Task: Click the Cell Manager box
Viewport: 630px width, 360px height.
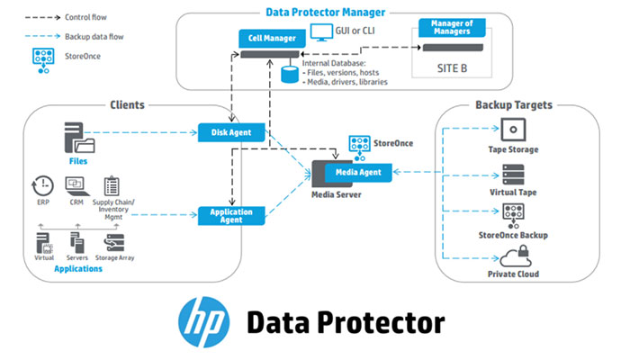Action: coord(265,40)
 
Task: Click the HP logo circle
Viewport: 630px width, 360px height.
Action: coord(202,320)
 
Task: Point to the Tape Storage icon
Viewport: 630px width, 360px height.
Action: coord(513,128)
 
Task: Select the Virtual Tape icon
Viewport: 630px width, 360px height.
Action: coord(513,172)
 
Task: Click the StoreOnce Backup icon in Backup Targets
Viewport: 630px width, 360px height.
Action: coord(513,214)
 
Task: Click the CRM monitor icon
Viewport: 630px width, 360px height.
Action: coord(76,185)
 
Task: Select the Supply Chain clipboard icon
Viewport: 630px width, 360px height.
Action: coord(112,186)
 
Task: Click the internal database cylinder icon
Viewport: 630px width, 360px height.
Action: coord(289,74)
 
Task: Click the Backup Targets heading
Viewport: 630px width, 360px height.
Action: coord(516,105)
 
